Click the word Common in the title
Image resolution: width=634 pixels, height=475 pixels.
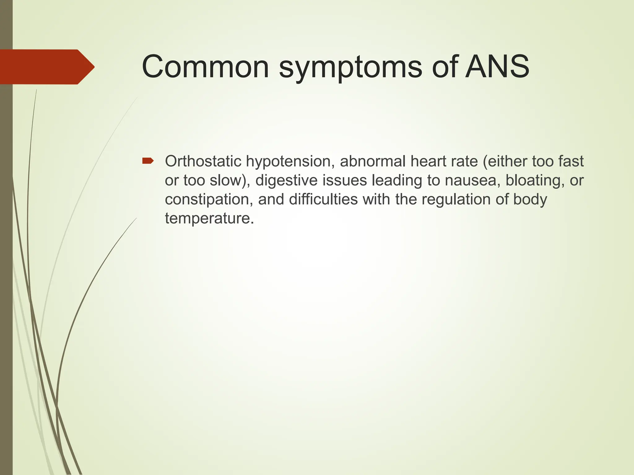205,67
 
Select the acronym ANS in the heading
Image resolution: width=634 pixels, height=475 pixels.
497,67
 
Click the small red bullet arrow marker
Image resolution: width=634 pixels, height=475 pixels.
148,161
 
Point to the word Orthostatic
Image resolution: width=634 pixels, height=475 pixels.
203,161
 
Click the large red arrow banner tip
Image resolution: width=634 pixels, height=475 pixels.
90,67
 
